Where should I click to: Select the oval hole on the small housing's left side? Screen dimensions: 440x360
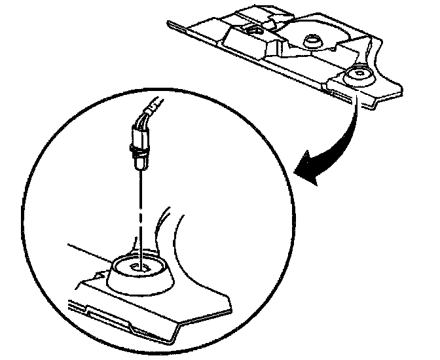(251, 30)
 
